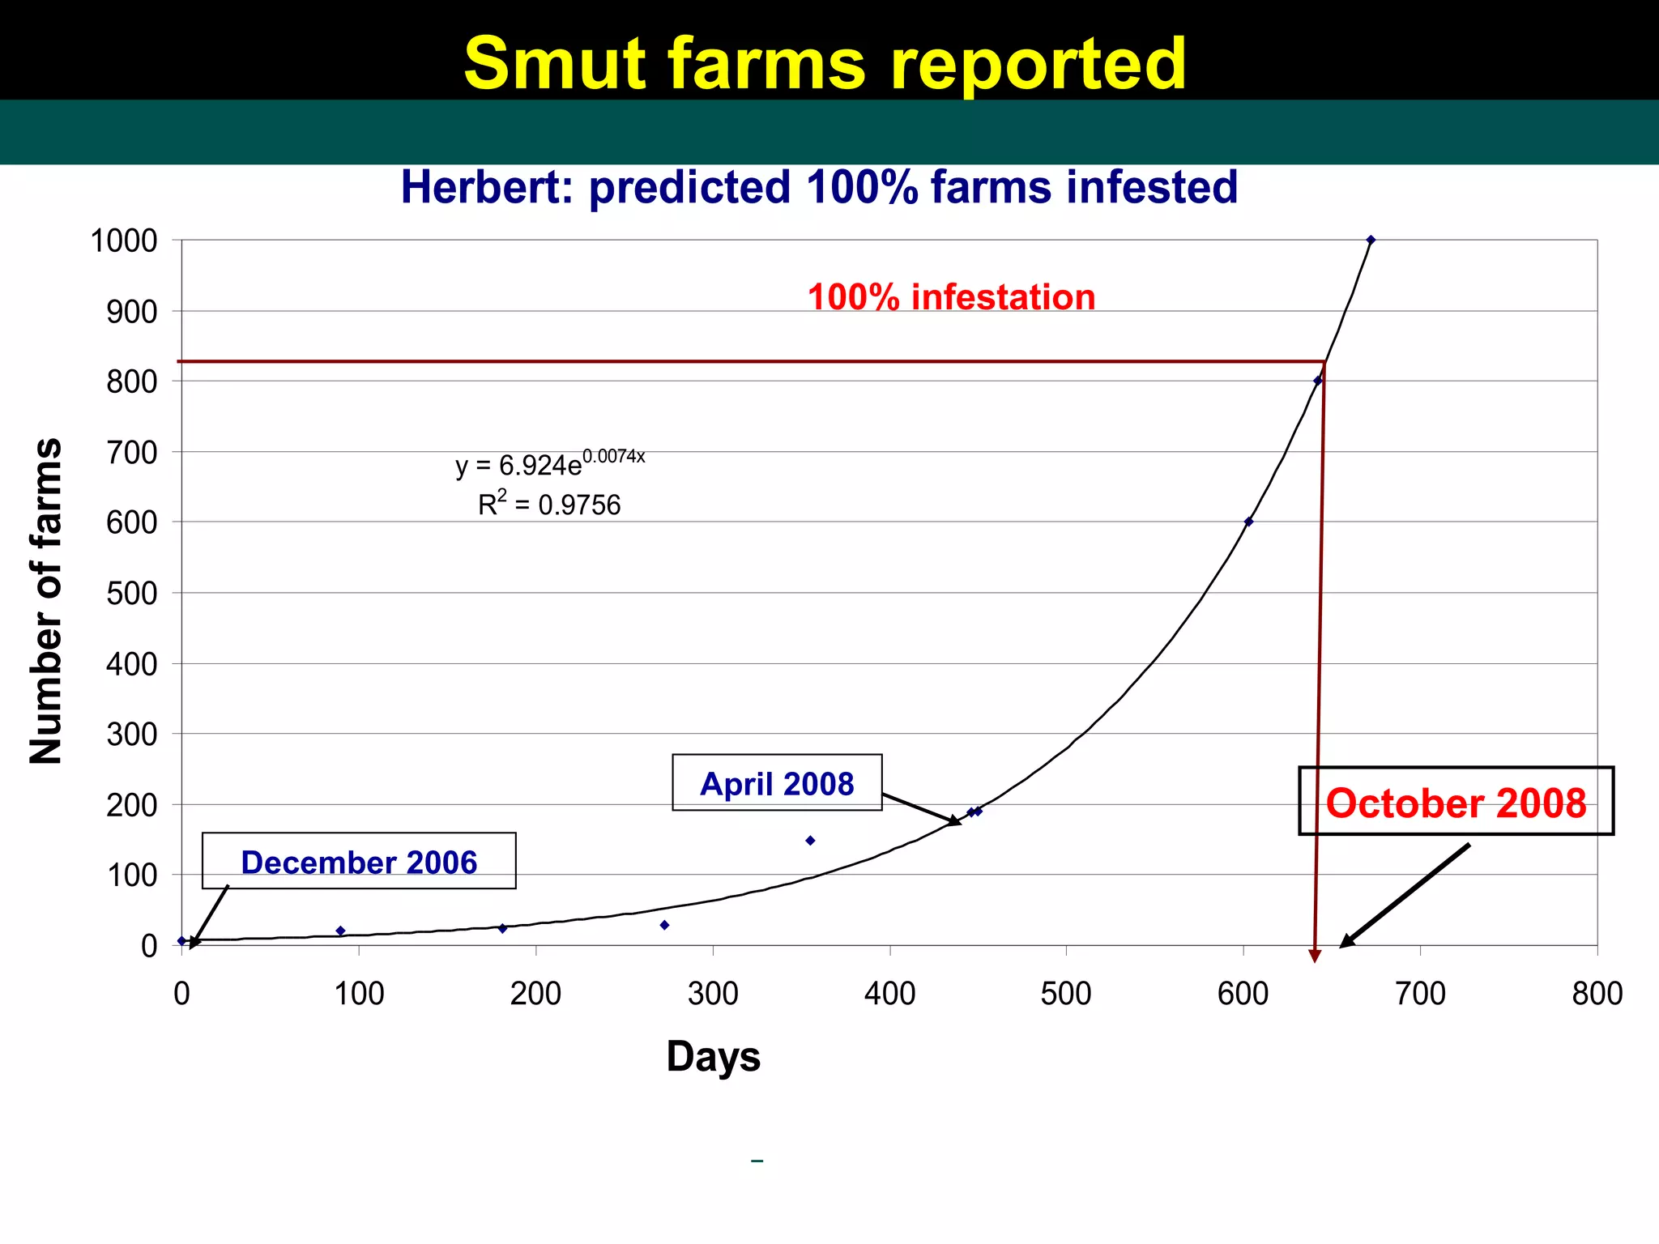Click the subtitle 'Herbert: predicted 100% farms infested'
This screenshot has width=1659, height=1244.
819,187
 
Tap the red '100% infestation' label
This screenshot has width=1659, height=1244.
951,297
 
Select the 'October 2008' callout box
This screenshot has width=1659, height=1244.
1456,802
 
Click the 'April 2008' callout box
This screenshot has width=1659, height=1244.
777,783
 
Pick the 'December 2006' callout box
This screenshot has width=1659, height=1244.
359,862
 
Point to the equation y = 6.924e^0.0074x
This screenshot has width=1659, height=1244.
550,463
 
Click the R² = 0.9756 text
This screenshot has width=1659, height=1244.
549,505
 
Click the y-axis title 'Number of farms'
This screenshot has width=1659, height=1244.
45,600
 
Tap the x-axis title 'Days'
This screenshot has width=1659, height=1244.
713,1056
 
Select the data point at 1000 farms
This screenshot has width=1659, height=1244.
1371,240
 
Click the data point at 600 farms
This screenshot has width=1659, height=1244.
1248,522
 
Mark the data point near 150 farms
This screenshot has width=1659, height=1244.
810,841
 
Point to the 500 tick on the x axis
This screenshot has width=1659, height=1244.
1066,993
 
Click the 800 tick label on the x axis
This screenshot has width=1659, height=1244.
1597,993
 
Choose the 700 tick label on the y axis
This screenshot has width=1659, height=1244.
132,452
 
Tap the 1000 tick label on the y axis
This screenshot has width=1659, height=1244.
124,241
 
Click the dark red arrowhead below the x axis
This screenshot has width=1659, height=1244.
1315,956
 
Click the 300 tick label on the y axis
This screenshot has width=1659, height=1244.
132,734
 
